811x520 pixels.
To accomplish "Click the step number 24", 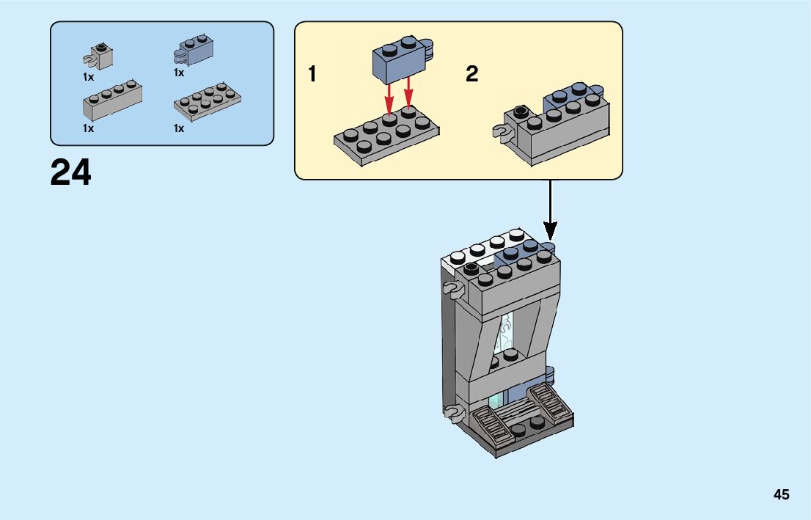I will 71,173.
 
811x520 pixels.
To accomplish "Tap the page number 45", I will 781,494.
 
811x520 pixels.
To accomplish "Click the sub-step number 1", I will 312,74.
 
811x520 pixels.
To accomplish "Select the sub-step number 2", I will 472,74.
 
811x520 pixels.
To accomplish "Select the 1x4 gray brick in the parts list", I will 111,100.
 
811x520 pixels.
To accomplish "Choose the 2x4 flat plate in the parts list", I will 208,101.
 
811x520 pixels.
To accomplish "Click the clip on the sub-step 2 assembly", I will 501,133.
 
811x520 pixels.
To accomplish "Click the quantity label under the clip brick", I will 88,76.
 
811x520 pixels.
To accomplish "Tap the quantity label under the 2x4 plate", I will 178,128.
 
